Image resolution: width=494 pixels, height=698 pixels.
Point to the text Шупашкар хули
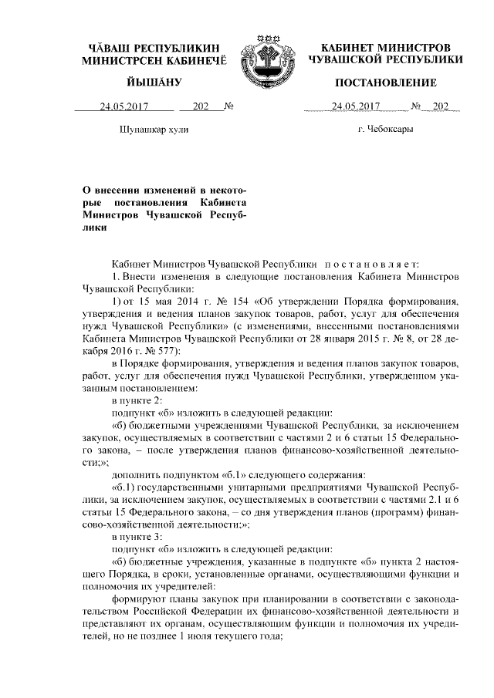point(154,130)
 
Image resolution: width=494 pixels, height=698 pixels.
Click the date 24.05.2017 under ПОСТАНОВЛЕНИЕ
point(356,107)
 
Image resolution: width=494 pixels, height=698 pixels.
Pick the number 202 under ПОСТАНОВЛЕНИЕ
point(441,107)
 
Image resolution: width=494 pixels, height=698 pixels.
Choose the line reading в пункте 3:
point(137,534)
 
